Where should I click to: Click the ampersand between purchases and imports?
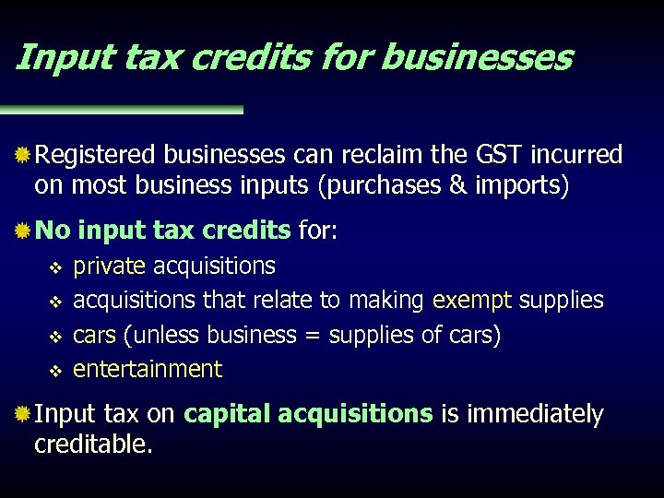tap(457, 186)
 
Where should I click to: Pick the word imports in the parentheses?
tap(517, 186)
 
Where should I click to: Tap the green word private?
tap(109, 267)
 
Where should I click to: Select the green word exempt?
tap(472, 301)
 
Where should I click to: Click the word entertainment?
tap(148, 370)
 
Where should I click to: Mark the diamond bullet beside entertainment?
tap(54, 371)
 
